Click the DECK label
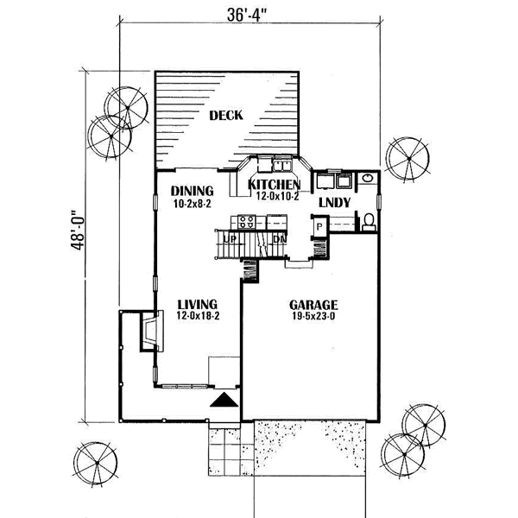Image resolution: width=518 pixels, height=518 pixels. point(226,116)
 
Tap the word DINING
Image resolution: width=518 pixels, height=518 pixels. point(192,191)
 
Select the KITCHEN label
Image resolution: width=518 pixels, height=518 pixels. point(274,185)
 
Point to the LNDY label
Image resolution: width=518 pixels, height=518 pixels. point(334,203)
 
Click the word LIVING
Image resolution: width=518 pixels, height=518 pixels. point(198,304)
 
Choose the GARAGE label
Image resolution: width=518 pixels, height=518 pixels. point(313,305)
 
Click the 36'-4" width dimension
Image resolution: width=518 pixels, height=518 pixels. point(247,15)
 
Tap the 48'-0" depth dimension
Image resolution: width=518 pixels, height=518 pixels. point(78,230)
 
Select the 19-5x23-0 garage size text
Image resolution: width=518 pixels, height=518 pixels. point(313,316)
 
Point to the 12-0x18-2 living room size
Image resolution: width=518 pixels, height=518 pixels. point(198,316)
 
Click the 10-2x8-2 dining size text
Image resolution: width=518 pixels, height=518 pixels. point(192,204)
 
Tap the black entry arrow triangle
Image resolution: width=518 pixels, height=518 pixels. point(224,400)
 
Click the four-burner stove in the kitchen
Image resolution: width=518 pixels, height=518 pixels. point(247,222)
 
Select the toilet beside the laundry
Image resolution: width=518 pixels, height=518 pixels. point(368,221)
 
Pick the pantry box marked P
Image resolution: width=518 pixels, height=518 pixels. point(319,226)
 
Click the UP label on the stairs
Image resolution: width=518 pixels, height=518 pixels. point(231,238)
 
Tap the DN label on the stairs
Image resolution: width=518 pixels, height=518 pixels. point(280,238)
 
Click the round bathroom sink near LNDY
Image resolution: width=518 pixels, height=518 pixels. point(368,178)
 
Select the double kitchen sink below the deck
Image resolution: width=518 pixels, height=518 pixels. point(281,165)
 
